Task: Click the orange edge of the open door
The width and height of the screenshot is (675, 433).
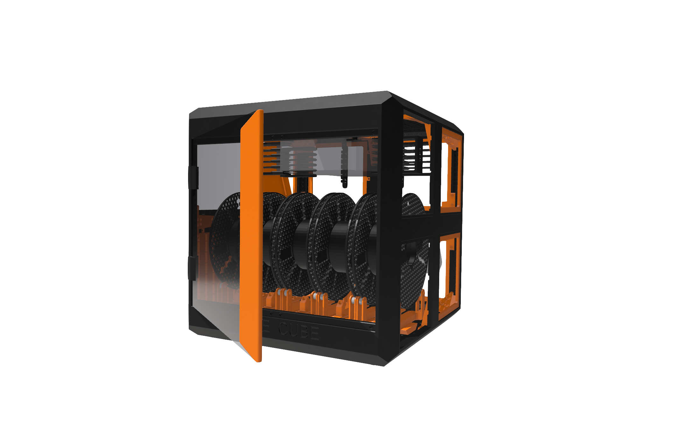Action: [251, 236]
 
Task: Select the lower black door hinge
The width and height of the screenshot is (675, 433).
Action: [193, 268]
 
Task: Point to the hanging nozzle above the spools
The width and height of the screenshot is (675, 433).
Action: [344, 178]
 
